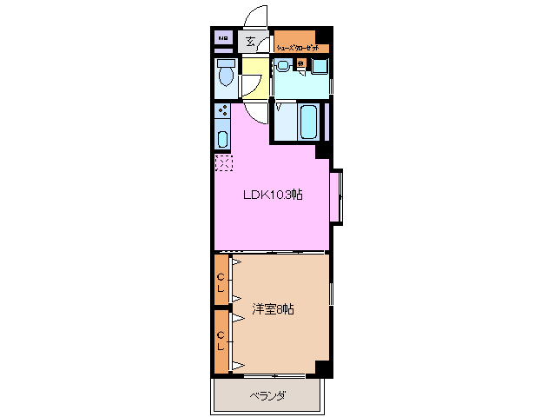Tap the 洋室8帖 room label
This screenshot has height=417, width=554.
pos(273,309)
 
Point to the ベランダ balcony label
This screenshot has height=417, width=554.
pos(269,396)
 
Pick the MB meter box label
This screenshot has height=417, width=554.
pos(223,39)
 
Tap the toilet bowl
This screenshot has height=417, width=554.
pos(226,76)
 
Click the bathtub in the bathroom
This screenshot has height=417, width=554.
pos(309,122)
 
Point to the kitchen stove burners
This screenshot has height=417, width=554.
pos(222,111)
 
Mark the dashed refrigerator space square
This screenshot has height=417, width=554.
pos(223,162)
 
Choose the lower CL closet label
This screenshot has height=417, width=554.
pos(221,339)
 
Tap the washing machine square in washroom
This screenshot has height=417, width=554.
pos(320,66)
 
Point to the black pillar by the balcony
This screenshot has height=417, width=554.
pos(323,369)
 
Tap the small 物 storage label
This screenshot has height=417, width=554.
pos(300,63)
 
